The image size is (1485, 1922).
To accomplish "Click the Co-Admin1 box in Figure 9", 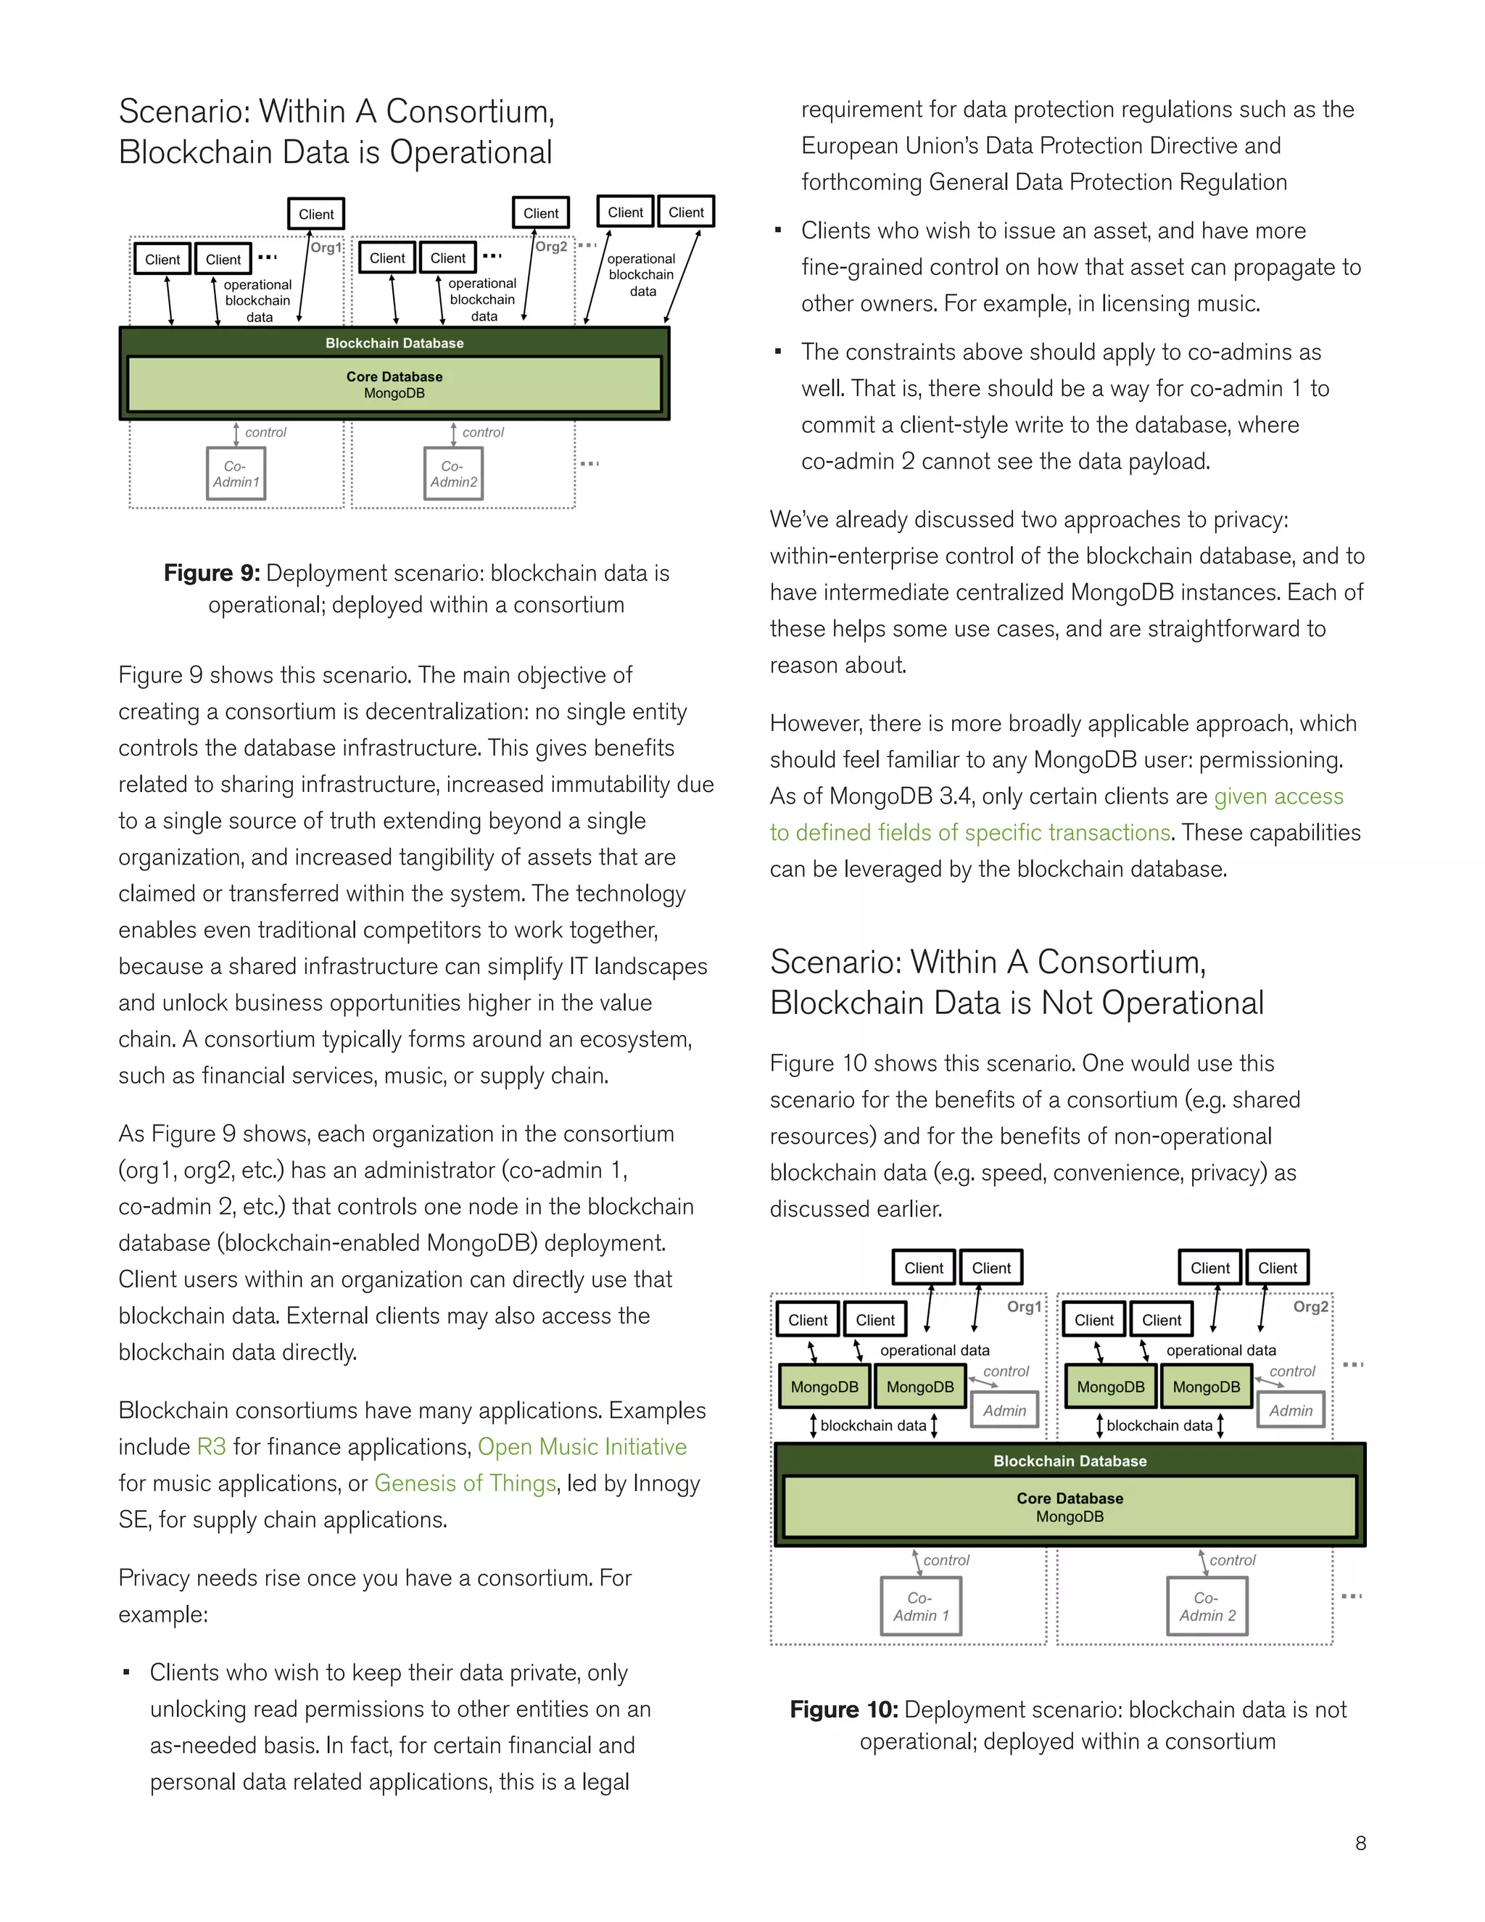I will (x=236, y=474).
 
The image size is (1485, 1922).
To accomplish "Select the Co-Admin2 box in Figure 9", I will (x=453, y=474).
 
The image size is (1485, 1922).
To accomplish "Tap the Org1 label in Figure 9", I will (x=326, y=248).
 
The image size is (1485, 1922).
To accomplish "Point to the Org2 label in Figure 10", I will (x=1310, y=1307).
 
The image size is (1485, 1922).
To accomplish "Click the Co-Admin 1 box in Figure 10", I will (x=921, y=1606).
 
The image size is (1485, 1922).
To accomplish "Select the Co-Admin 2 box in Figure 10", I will (x=1207, y=1606).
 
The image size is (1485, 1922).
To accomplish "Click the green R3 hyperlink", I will (x=211, y=1447).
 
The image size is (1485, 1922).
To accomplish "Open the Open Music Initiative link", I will (x=582, y=1447).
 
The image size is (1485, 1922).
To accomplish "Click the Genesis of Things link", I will (x=465, y=1483).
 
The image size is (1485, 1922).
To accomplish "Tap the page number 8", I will (x=1360, y=1843).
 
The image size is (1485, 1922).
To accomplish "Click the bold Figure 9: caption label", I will (x=211, y=573).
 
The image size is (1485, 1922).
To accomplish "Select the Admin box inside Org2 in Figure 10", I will (x=1291, y=1410).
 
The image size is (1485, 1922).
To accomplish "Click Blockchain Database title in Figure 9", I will (x=394, y=343).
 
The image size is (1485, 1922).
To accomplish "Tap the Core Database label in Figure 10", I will (x=1069, y=1498).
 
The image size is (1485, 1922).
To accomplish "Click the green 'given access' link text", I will (x=1278, y=796).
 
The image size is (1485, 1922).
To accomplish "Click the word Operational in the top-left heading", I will (x=471, y=152).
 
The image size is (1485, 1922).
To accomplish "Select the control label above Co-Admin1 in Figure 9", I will (x=265, y=432).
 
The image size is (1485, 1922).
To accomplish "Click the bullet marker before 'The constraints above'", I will (x=778, y=352).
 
